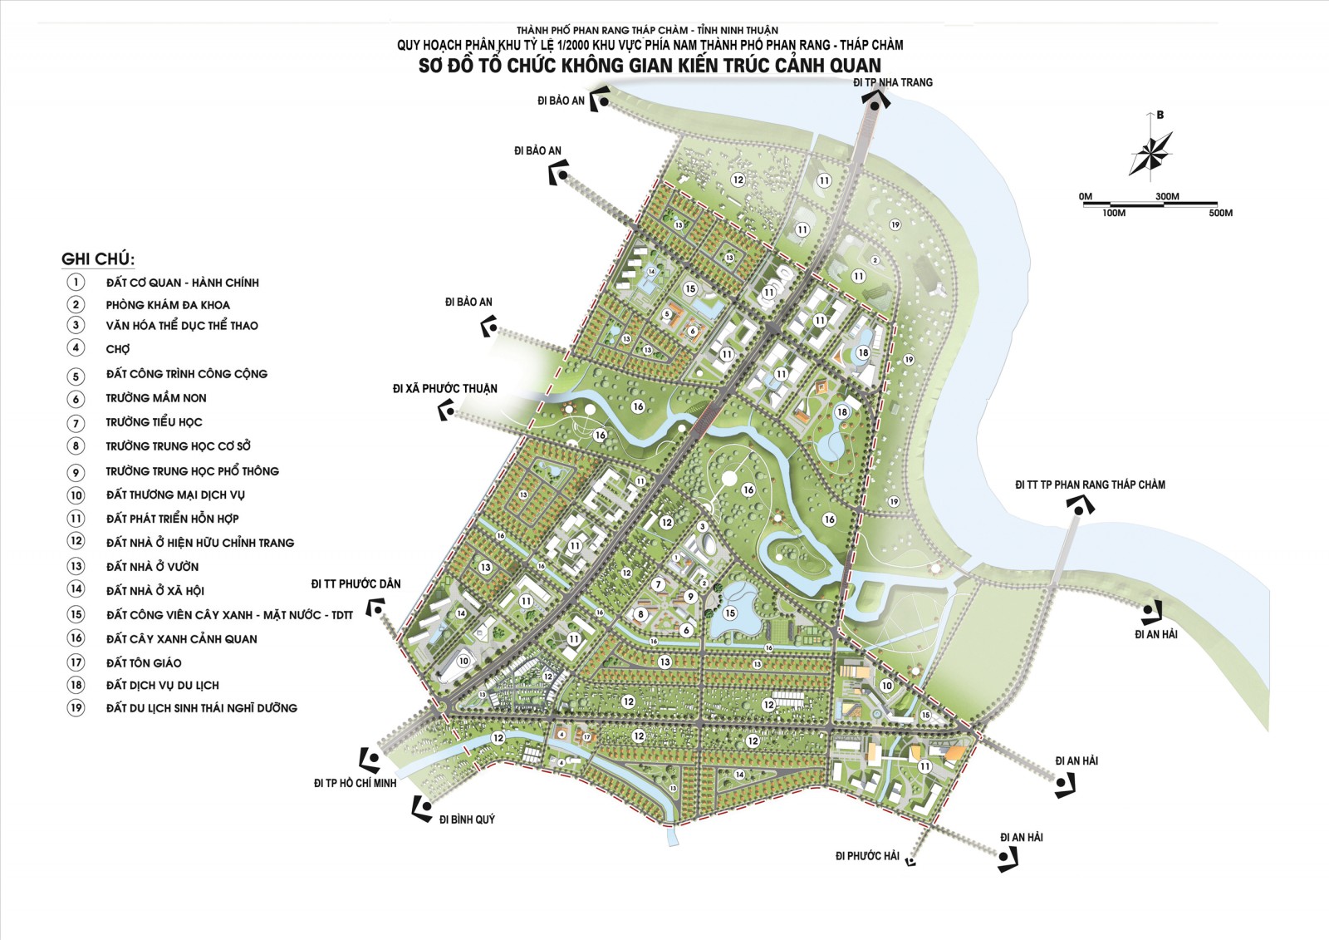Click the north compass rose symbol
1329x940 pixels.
1150,153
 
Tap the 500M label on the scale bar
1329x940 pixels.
1220,214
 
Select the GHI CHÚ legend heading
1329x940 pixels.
98,258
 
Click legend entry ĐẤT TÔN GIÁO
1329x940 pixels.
144,662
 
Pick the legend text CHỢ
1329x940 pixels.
118,349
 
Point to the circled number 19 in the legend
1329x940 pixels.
76,708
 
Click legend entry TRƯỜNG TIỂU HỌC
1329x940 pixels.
154,422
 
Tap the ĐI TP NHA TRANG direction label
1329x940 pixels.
893,82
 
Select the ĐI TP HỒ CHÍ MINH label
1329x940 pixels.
355,783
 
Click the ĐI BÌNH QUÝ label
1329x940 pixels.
467,819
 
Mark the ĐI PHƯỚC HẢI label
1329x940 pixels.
867,856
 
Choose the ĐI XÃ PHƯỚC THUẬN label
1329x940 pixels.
445,388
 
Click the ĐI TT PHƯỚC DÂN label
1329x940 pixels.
356,583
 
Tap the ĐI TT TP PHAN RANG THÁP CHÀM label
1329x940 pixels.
1090,485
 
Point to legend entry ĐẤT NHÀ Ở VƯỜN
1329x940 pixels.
152,567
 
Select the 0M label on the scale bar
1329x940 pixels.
1086,197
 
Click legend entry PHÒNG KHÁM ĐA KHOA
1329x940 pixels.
168,305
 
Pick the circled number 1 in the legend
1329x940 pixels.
76,283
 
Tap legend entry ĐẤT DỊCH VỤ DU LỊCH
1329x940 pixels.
163,685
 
